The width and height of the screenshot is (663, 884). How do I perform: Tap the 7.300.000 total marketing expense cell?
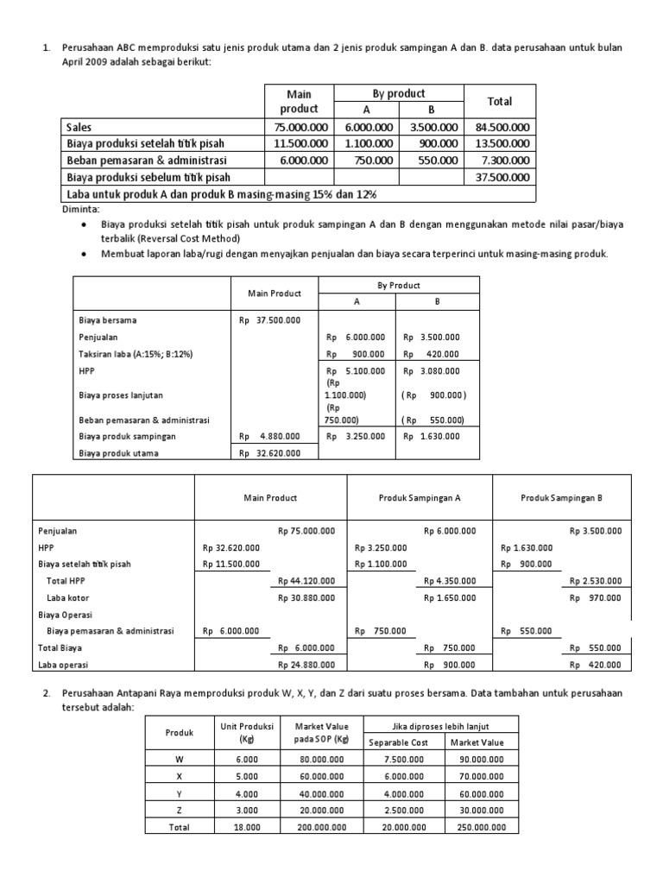click(503, 160)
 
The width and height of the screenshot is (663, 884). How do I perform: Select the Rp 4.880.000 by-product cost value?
click(269, 436)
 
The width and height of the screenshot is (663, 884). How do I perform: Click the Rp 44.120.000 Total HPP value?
click(306, 580)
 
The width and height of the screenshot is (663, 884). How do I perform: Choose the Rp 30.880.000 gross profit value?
click(306, 597)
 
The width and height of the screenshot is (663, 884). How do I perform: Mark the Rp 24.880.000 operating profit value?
click(306, 664)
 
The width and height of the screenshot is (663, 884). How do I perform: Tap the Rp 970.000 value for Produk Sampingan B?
click(599, 597)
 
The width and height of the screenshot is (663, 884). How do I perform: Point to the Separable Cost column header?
click(400, 742)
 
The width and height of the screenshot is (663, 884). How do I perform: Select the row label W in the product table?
click(180, 760)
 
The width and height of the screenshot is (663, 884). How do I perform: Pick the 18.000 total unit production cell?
click(245, 825)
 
